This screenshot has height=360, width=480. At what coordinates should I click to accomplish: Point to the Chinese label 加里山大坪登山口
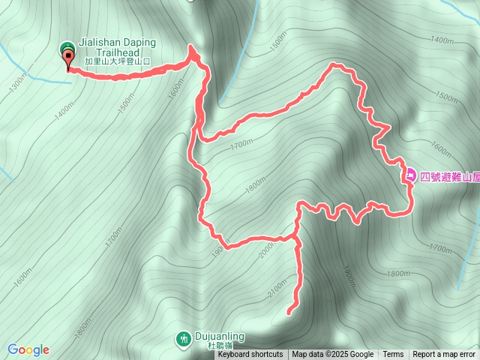click(x=118, y=61)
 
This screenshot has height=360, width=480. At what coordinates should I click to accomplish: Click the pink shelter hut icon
click(x=410, y=177)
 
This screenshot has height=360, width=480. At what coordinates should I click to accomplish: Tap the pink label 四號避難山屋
click(x=449, y=177)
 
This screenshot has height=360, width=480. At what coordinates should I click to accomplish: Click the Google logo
click(x=28, y=349)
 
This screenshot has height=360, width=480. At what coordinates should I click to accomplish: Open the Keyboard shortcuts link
click(x=250, y=355)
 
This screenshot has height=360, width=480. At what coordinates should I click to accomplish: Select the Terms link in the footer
click(x=393, y=355)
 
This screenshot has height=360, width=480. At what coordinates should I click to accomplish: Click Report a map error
click(x=445, y=355)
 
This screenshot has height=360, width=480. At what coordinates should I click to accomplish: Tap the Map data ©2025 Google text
click(x=332, y=355)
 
